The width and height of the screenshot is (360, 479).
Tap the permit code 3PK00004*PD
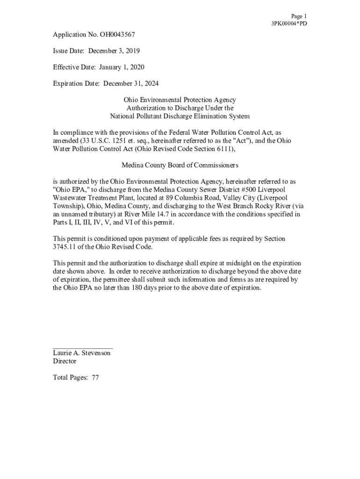tap(289, 23)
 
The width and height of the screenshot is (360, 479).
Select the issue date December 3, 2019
tap(114, 51)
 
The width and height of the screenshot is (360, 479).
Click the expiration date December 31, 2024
tap(131, 83)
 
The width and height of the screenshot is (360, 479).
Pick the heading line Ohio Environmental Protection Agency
tap(180, 100)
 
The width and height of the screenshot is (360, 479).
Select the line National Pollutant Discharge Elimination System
tap(180, 116)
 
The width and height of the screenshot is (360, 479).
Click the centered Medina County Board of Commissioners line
tap(180, 165)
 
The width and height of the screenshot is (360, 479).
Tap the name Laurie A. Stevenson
tap(82, 353)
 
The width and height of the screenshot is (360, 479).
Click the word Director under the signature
tap(65, 361)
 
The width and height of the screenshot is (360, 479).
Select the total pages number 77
tap(95, 377)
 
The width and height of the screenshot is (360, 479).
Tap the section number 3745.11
tap(66, 247)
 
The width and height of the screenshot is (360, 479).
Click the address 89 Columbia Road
tap(185, 197)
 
